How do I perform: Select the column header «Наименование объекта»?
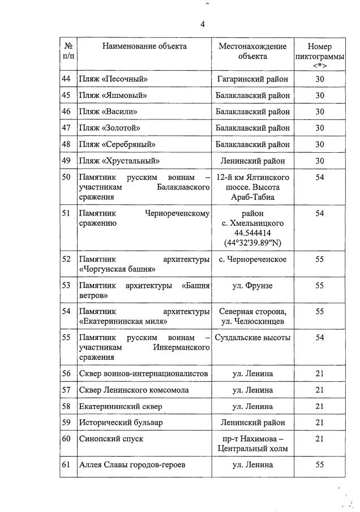point(144,46)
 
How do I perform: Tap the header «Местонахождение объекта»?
point(252,51)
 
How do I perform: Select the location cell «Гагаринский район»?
point(252,79)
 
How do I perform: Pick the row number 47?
point(66,128)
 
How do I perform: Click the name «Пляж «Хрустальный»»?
point(119,161)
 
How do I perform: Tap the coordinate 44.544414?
point(252,233)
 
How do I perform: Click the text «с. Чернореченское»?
point(252,260)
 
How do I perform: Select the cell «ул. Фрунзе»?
point(252,286)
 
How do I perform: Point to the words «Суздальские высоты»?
point(252,338)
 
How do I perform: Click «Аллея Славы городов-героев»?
point(132,465)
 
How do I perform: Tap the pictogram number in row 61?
point(319,465)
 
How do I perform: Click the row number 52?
point(66,260)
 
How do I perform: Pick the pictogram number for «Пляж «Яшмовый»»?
point(319,96)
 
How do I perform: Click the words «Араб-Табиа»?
point(252,197)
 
